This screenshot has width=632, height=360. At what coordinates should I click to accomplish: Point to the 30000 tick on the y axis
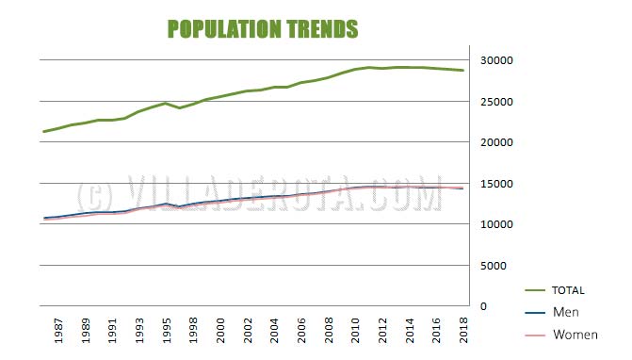tap(496, 60)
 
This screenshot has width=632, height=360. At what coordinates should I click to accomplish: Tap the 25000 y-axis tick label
tap(496, 102)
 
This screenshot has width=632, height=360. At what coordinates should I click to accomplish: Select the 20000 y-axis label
tap(496, 142)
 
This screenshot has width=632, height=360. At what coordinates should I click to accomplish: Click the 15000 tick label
tap(496, 184)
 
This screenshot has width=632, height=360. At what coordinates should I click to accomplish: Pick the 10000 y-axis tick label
tap(496, 224)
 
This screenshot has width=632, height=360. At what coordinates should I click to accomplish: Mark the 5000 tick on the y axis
tap(499, 266)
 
